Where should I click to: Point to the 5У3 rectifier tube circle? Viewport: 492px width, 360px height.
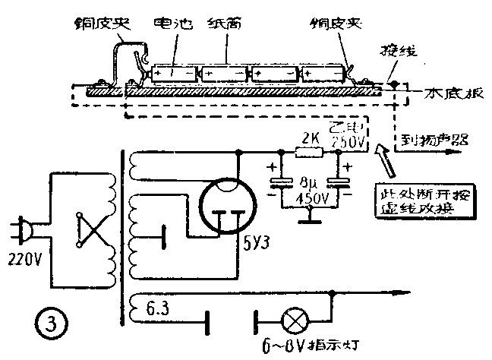[227, 204]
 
